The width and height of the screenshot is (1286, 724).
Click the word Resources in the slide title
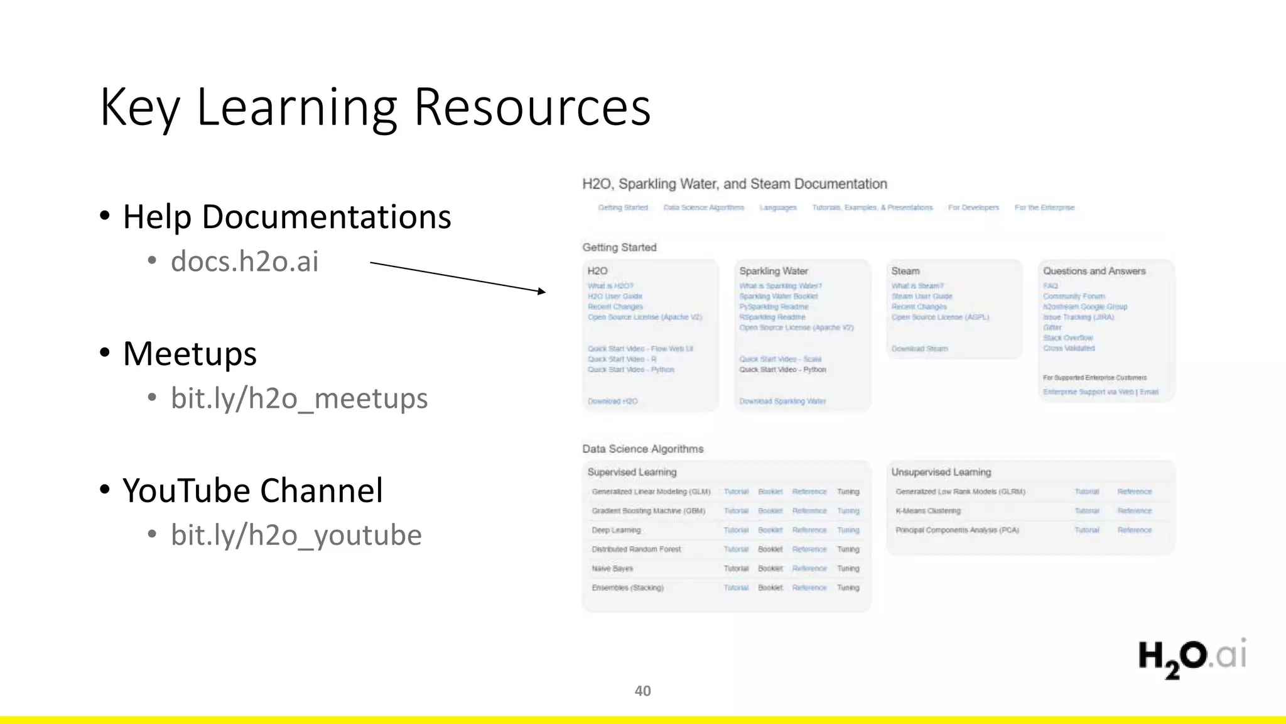tap(532, 107)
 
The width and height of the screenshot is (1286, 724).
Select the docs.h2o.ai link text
tap(245, 261)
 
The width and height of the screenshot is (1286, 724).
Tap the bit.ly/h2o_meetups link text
tap(299, 398)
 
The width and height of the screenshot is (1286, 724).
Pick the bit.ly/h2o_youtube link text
tap(296, 535)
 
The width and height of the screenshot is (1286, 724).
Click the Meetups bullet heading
tap(190, 353)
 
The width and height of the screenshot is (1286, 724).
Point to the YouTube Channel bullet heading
tap(252, 490)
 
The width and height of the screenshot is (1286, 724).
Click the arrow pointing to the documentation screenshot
tap(458, 277)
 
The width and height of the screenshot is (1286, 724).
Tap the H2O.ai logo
tap(1191, 657)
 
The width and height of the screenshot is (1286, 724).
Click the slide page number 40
tap(642, 691)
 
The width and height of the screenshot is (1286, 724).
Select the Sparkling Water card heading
tap(773, 271)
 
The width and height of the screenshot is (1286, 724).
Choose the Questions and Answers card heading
tap(1094, 271)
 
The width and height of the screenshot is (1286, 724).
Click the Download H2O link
tap(612, 401)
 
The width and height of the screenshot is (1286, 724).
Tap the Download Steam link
tap(919, 348)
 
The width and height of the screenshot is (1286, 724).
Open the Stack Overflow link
tap(1067, 337)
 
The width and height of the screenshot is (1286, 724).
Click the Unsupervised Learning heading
tap(941, 472)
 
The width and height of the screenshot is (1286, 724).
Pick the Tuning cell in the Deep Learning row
tap(848, 530)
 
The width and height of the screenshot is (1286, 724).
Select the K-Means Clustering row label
tap(927, 511)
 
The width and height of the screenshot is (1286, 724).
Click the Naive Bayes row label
tap(612, 568)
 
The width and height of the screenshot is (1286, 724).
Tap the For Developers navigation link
tap(973, 207)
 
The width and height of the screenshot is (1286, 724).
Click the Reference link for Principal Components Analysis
tap(1134, 530)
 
